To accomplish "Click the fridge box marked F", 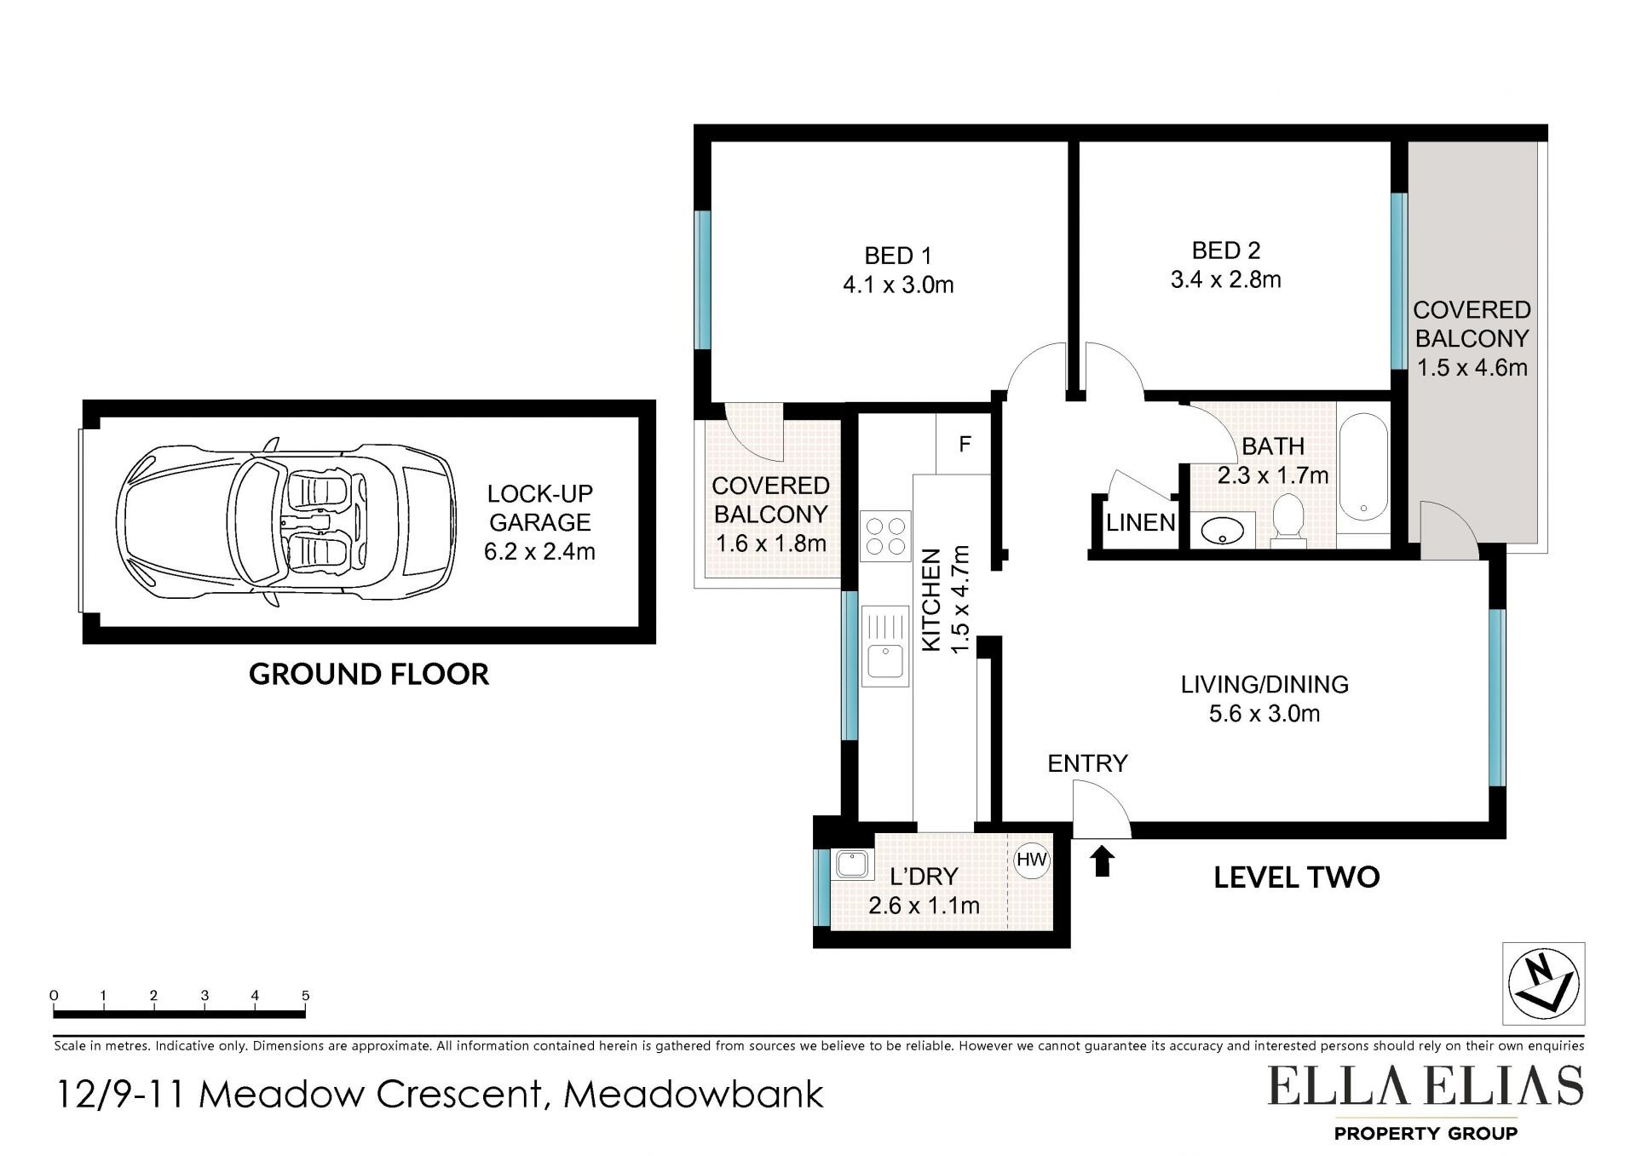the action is tap(964, 443).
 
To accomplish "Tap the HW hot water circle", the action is tap(1032, 860).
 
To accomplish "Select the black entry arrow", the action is tap(1103, 860).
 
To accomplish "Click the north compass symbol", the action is tap(1543, 984).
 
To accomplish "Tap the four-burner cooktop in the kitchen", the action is tap(885, 536).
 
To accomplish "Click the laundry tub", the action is tap(852, 866).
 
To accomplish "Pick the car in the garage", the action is tap(285, 522).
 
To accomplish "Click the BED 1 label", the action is tap(898, 256).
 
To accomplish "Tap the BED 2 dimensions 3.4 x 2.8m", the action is tap(1225, 279).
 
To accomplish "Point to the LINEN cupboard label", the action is tap(1140, 522).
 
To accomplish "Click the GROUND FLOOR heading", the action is tap(369, 674).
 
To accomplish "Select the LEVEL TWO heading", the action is tap(1296, 877).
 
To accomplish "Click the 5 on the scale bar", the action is tap(305, 995).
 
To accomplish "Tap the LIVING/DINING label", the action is tap(1264, 684).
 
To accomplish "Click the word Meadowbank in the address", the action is tap(694, 1095).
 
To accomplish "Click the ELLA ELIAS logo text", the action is tap(1426, 1086).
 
